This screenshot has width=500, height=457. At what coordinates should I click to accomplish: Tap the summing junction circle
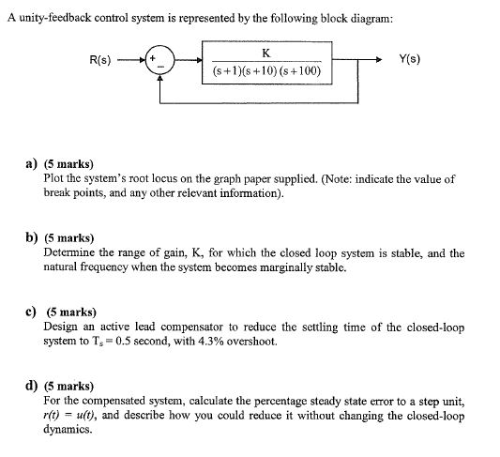(x=162, y=63)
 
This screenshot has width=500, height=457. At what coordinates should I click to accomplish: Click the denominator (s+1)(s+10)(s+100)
(x=268, y=71)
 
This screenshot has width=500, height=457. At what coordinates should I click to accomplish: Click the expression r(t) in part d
(x=54, y=415)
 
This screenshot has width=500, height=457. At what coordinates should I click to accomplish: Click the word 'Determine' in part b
(x=71, y=253)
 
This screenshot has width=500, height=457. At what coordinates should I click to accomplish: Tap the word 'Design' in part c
(x=62, y=328)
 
